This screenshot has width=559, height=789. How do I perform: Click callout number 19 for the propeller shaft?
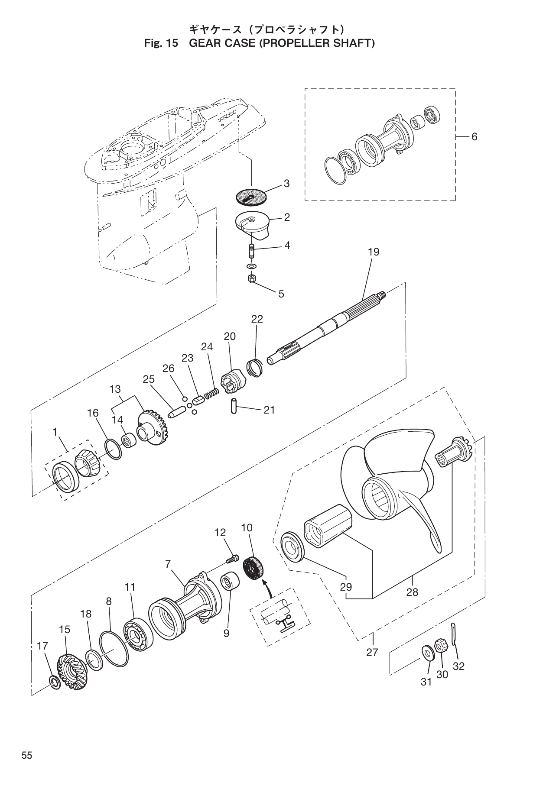coord(374,252)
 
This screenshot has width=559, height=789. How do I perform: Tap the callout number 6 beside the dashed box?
coord(474,137)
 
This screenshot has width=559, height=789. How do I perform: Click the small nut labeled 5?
coord(251,278)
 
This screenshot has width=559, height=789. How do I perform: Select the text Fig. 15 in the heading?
coord(161,43)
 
